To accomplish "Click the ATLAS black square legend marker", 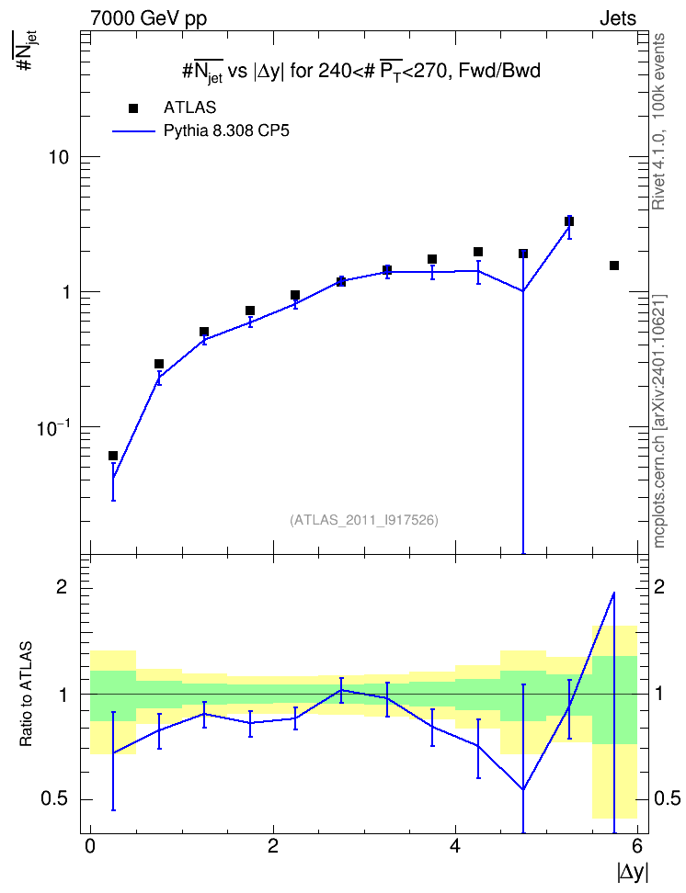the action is (x=133, y=108).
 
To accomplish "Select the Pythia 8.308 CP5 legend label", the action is (x=226, y=131).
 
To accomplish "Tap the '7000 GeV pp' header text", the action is (x=148, y=18).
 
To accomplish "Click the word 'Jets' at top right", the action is (x=618, y=18).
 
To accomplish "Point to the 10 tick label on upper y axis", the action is (x=58, y=157).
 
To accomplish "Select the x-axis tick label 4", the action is (x=455, y=846).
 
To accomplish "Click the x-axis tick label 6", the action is (x=637, y=846).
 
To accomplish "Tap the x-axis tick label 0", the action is (x=90, y=846).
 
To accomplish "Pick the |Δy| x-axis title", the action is (x=633, y=872).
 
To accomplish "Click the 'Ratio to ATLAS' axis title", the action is (x=26, y=695).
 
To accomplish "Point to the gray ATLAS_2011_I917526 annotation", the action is (x=364, y=520).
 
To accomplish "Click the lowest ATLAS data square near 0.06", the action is (x=113, y=456).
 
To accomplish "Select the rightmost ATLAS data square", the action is (x=614, y=266).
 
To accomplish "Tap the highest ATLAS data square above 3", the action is (x=568, y=221).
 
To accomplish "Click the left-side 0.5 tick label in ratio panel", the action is (x=55, y=799).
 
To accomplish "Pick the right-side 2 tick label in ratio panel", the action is (x=659, y=587).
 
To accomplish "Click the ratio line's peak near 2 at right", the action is (x=614, y=593).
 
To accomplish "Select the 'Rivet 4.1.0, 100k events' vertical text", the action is (x=658, y=122).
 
